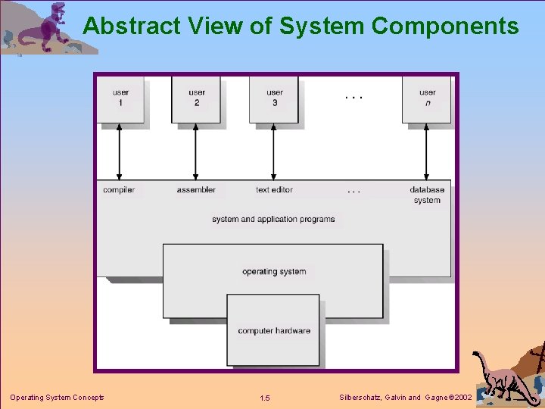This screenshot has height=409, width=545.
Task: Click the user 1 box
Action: click(x=120, y=98)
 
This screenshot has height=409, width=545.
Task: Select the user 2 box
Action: click(x=196, y=98)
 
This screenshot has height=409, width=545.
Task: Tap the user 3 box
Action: click(x=274, y=98)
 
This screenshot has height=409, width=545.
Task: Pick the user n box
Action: click(x=427, y=98)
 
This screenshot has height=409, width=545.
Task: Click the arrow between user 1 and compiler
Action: click(x=120, y=151)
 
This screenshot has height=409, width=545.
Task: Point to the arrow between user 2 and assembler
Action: click(x=196, y=151)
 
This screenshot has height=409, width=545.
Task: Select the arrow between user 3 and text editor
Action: click(x=274, y=151)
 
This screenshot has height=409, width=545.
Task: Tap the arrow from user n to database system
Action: click(x=427, y=151)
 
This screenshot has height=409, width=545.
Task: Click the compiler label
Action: click(x=119, y=189)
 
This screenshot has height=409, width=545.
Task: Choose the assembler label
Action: click(x=196, y=189)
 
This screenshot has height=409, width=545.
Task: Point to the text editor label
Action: click(x=274, y=189)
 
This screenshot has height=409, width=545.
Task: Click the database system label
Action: click(x=427, y=195)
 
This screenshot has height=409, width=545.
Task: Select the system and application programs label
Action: click(x=273, y=219)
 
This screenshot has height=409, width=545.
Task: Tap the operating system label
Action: click(x=274, y=271)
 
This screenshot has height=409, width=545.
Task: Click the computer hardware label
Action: click(x=274, y=330)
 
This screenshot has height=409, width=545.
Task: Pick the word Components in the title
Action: click(x=445, y=27)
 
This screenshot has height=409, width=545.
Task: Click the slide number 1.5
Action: click(x=264, y=398)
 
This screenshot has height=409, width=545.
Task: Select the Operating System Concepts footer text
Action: click(x=57, y=398)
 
